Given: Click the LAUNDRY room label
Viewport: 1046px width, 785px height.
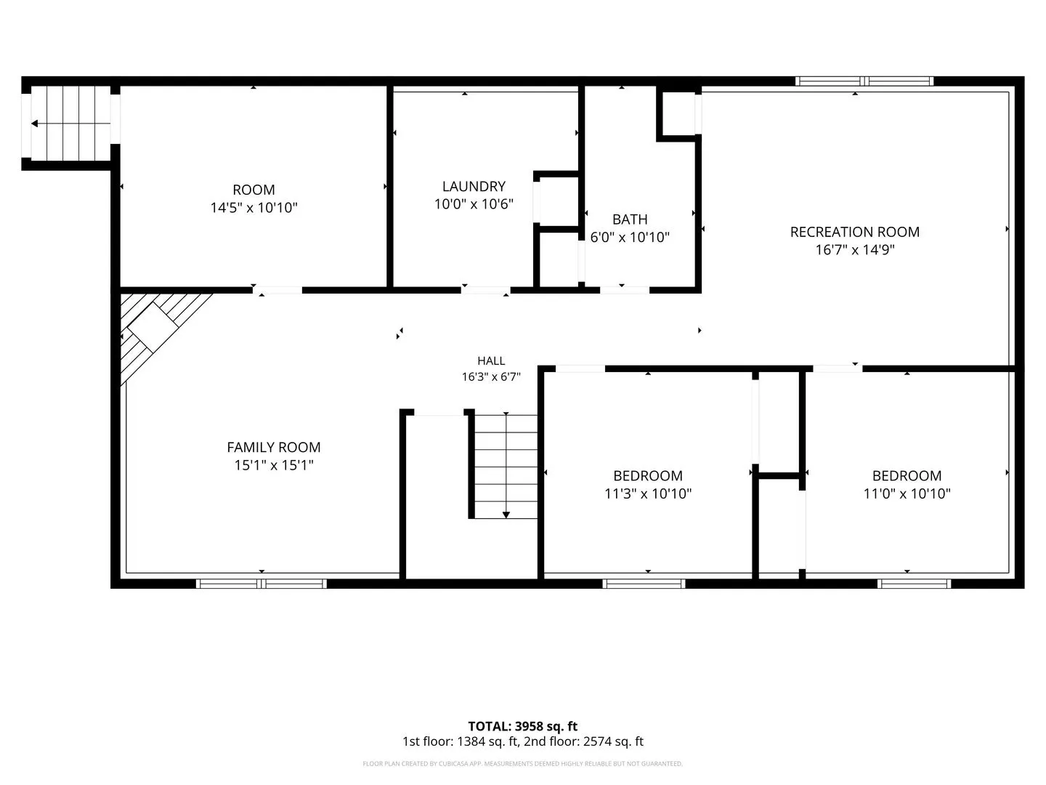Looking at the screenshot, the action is coord(474,186).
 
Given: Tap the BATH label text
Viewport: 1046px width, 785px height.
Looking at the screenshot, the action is coord(630,220).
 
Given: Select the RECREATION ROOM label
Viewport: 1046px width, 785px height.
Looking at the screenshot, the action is coord(854,232).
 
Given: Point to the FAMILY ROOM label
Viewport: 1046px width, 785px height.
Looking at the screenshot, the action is coord(274,447).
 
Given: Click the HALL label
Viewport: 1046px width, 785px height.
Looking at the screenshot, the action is coord(491,361).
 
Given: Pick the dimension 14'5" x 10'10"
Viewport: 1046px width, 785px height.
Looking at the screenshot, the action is coord(254,208).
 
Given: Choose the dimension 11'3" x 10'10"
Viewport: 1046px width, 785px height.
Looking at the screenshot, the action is coord(648,494).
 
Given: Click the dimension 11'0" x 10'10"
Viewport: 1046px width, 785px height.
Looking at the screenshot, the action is coord(907,494).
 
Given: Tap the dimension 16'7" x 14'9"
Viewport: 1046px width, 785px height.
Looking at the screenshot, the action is coord(854,250).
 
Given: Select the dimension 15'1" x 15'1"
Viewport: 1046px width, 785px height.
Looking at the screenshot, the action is coord(274,465).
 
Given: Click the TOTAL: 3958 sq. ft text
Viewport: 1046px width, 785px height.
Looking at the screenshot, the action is coord(522,726).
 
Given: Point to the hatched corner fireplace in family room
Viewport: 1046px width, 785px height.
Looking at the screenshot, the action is coord(153,329).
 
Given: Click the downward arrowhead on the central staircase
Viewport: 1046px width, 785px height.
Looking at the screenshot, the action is coord(506,515).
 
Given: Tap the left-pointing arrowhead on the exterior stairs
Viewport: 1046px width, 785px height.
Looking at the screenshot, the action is coord(34,124).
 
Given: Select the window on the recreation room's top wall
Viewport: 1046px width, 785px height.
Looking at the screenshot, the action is coord(864,81).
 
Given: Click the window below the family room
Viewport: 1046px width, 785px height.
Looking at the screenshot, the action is coord(261,584).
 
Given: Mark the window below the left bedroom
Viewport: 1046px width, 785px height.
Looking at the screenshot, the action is coord(644,584).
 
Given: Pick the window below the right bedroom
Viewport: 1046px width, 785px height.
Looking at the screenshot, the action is coord(914,584).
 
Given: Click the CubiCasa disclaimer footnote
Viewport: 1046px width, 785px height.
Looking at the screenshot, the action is coord(522,763).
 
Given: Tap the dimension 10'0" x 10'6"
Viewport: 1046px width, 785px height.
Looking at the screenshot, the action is coord(474,204).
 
